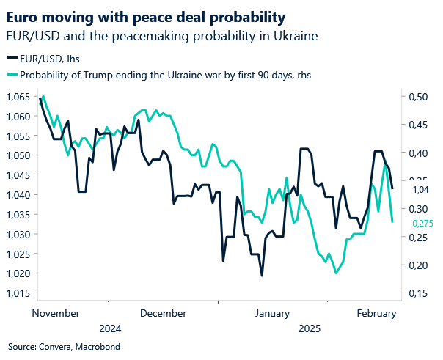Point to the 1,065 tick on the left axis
(x=18, y=97)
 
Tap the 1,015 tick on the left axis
(x=18, y=293)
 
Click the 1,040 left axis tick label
(x=18, y=195)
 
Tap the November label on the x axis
(x=56, y=312)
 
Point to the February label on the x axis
(x=376, y=312)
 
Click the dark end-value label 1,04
(x=420, y=189)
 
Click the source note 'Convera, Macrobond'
(x=64, y=346)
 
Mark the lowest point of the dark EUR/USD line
(x=261, y=276)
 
